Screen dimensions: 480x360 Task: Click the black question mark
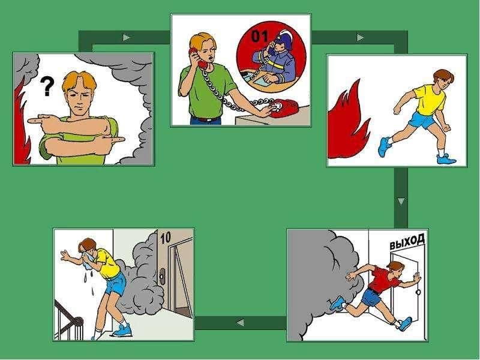[x=47, y=86]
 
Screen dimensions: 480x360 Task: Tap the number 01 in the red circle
[x=259, y=36]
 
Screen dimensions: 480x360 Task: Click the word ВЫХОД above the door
[x=407, y=241]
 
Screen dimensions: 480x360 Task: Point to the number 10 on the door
[x=166, y=238]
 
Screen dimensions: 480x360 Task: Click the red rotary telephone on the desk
[x=282, y=109]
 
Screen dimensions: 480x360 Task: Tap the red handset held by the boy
[x=197, y=58]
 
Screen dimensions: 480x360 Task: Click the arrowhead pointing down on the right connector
[x=401, y=202]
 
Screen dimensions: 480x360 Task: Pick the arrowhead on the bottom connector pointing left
[x=241, y=323]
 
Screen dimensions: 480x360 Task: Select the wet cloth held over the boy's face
[x=89, y=259]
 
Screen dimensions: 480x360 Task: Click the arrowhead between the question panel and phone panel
[x=126, y=38]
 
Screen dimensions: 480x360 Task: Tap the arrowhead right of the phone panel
[x=361, y=38]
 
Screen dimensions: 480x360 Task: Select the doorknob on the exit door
[x=418, y=292]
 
